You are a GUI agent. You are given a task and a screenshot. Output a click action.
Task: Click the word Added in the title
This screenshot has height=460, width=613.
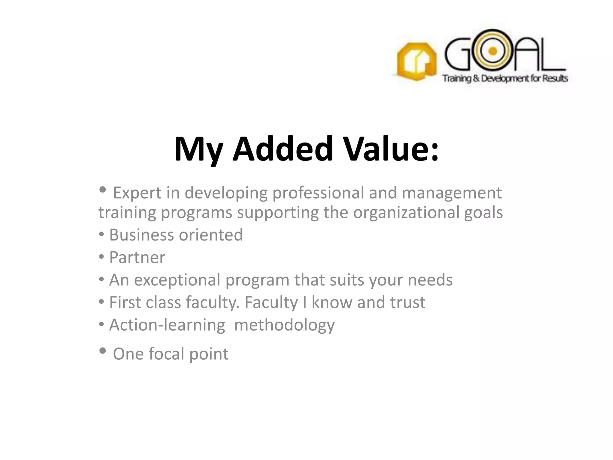coord(283,149)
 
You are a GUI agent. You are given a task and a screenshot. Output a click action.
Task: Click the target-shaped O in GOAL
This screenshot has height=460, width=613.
coord(492,51)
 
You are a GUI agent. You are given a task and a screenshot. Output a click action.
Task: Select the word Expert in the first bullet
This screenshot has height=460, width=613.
coord(137,193)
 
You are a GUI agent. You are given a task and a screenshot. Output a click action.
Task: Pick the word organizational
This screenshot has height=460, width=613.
coord(406,213)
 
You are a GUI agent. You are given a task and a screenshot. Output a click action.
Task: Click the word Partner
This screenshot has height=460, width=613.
coord(137,258)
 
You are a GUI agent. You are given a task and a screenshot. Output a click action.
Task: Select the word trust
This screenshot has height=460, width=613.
coord(407,302)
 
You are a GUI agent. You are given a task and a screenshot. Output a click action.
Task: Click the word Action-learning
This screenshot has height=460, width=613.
coord(167,325)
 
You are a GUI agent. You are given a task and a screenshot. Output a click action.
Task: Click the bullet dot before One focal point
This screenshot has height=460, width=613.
coord(102,351)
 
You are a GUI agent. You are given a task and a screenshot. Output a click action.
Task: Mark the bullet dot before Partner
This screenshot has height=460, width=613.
coord(101,257)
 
